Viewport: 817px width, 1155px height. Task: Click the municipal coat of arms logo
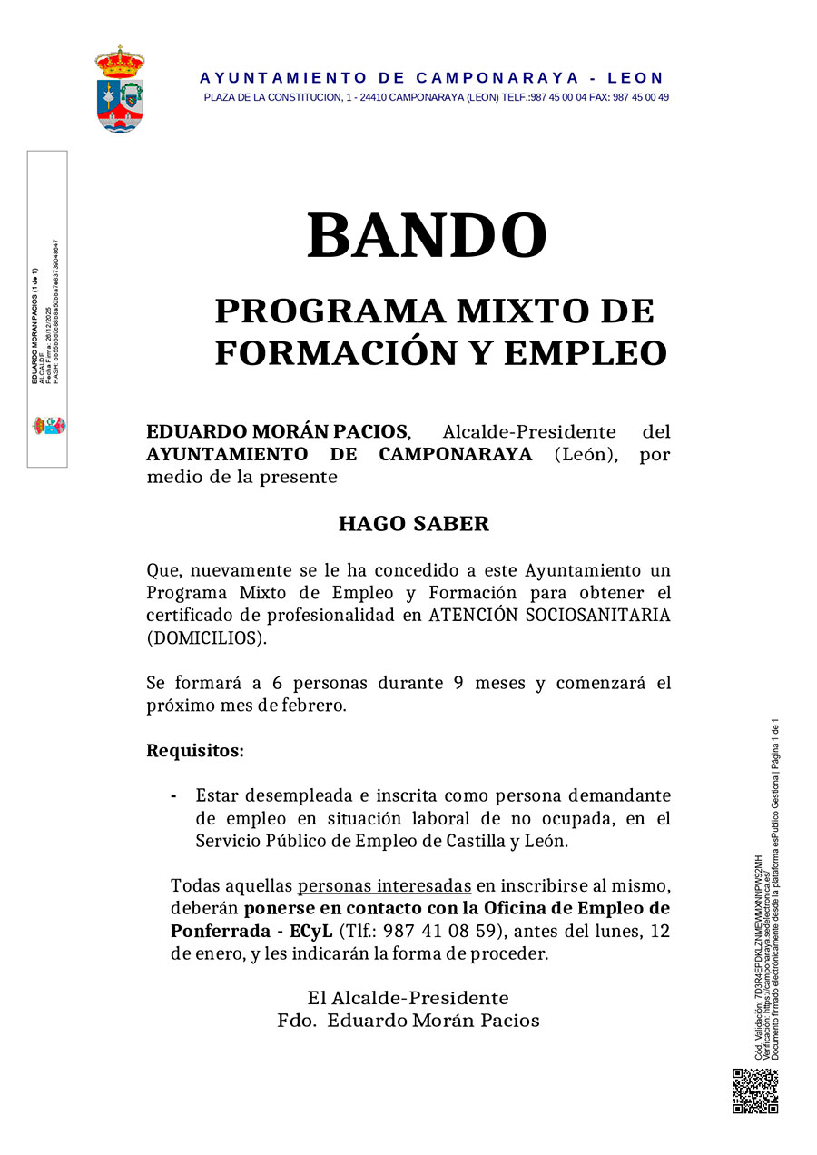(120, 89)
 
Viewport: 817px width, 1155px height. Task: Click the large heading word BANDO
(427, 236)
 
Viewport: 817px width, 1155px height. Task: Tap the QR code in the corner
(755, 1091)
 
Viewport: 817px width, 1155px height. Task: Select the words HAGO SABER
(413, 524)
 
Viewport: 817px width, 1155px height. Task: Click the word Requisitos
(195, 752)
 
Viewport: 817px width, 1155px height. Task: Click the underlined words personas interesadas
(385, 885)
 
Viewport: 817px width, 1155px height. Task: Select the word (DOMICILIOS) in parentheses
(207, 638)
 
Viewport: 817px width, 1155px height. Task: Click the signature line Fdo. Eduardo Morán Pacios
(408, 1021)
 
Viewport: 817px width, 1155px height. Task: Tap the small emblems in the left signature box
(50, 425)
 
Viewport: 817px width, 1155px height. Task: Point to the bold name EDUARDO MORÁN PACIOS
(278, 431)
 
